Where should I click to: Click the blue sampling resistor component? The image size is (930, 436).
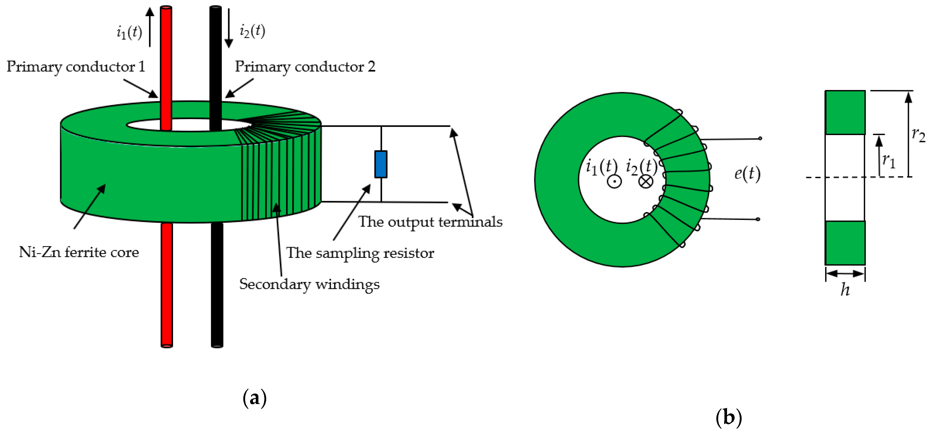[x=381, y=164]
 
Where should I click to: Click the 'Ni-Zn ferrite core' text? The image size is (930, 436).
[x=79, y=252]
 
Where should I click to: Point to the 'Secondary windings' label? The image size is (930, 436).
[x=309, y=284]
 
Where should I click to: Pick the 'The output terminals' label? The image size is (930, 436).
[x=430, y=222]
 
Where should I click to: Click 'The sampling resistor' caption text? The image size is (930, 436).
[x=360, y=253]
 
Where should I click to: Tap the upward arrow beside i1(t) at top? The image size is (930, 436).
[x=150, y=27]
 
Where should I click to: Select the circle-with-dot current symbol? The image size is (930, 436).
[x=614, y=181]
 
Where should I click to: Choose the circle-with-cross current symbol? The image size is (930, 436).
[x=646, y=181]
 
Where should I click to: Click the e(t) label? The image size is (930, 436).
[x=747, y=174]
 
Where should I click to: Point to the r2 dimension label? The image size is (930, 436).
[x=918, y=135]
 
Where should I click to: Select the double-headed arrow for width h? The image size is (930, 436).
[x=845, y=274]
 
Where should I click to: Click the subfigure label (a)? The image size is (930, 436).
[x=254, y=398]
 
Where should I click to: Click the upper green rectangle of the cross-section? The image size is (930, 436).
[x=845, y=112]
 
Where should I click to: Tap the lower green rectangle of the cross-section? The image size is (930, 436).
[x=845, y=243]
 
